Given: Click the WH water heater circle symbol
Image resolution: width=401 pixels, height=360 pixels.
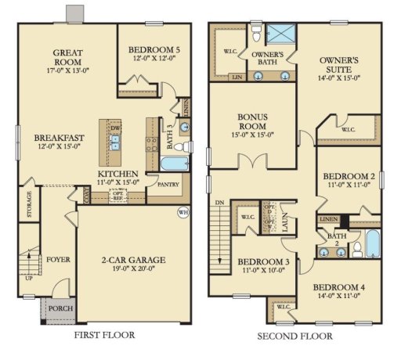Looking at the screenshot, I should tap(183, 211).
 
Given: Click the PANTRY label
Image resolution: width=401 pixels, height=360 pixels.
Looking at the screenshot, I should tap(168, 185).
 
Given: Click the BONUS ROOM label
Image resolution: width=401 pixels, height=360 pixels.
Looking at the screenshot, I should tap(253, 121).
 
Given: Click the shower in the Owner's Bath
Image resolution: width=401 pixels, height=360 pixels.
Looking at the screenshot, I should tap(280, 34).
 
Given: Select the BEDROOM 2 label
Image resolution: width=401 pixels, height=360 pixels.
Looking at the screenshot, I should tap(349, 177).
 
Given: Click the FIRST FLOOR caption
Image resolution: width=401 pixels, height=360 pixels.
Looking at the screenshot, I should tap(103, 336).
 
